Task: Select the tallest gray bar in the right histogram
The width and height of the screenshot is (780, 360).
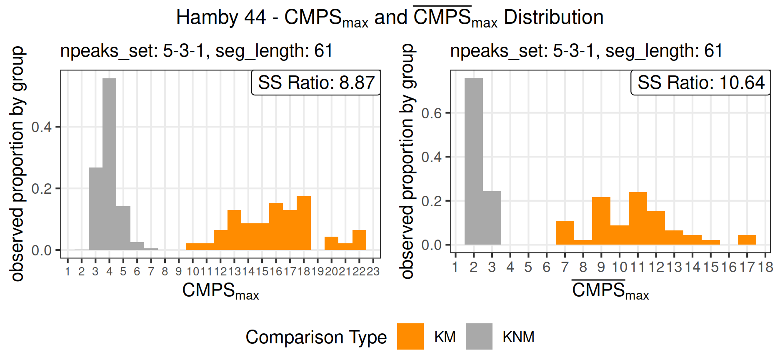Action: tap(474, 162)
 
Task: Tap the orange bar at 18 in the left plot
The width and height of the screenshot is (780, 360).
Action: tap(304, 223)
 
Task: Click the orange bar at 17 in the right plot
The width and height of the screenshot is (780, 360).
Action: tap(747, 240)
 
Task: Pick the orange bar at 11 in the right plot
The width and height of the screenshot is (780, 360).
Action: tap(637, 219)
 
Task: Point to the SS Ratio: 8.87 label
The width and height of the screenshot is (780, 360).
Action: tap(316, 82)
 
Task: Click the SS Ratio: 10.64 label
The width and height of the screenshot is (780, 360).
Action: tap(701, 82)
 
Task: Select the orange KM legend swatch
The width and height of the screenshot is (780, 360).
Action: tap(410, 337)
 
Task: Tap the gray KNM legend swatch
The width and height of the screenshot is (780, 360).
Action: tap(479, 337)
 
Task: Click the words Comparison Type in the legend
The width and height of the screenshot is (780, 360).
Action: tap(316, 337)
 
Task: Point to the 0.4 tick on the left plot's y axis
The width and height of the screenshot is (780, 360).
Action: tap(42, 127)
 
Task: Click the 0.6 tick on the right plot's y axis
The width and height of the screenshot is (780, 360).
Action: tap(431, 113)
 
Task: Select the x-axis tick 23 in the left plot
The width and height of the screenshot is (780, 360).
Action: tap(373, 272)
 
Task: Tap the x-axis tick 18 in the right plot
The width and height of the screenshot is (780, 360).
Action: tap(765, 267)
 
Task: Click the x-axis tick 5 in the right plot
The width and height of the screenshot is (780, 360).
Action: tap(528, 267)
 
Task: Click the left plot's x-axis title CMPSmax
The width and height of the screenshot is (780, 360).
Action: tap(220, 291)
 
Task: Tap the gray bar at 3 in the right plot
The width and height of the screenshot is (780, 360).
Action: tap(492, 218)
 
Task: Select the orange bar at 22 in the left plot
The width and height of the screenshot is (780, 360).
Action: tap(359, 240)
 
